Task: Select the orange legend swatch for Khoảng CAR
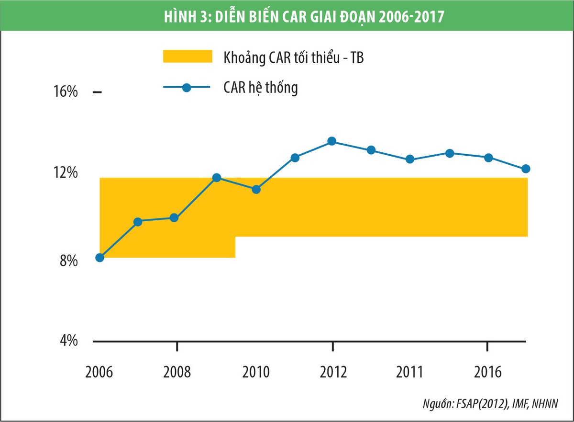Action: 187,56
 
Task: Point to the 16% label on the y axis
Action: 65,92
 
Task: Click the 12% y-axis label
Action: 65,172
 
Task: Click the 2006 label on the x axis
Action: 99,372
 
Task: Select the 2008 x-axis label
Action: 177,372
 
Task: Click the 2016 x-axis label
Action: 487,372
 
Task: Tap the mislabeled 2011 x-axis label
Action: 409,372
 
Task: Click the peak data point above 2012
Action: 332,141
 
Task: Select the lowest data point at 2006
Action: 99,258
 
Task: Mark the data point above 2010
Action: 256,189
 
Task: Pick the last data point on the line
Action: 526,169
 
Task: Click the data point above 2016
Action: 488,158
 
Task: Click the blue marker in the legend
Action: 187,88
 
